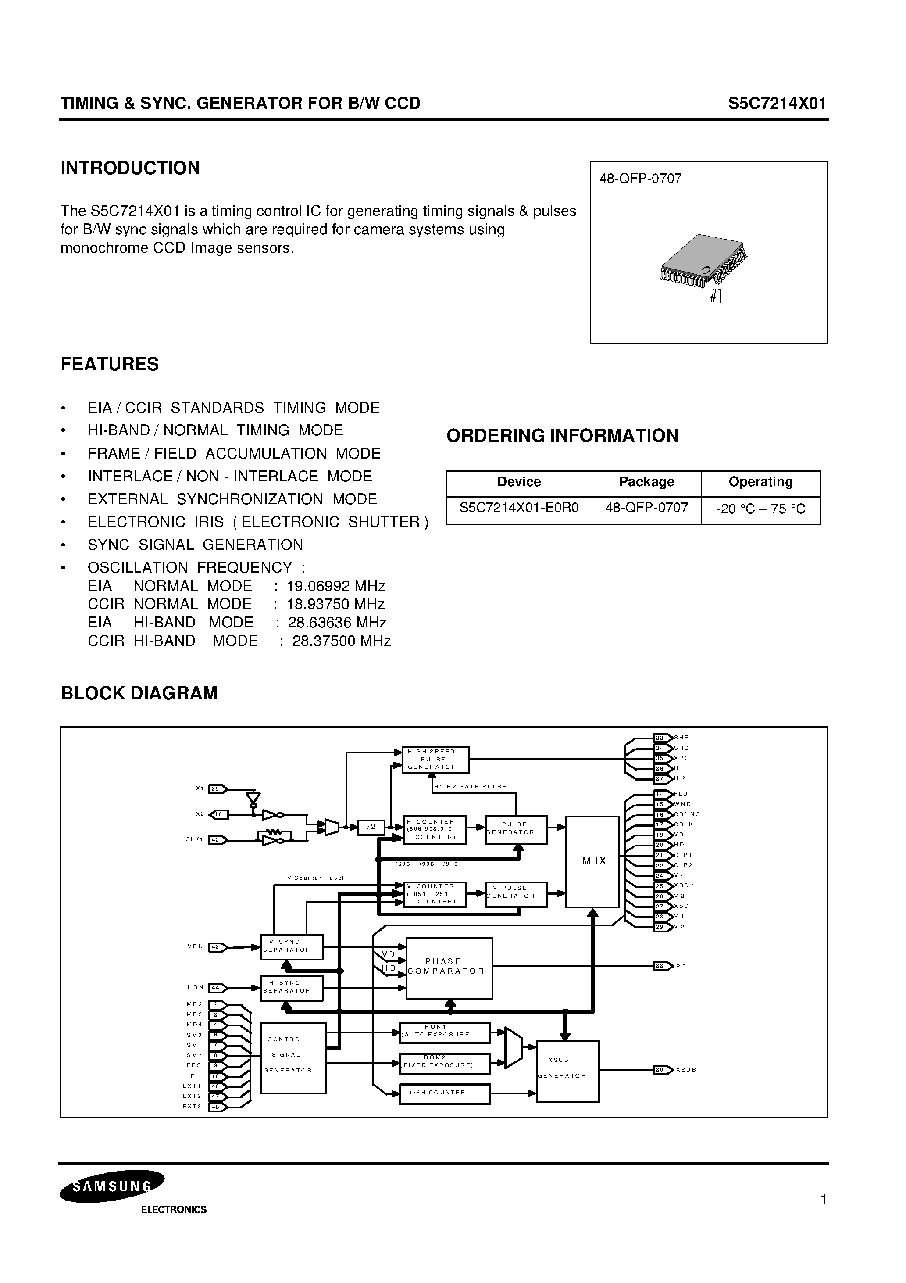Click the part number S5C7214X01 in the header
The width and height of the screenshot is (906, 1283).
pyautogui.click(x=776, y=104)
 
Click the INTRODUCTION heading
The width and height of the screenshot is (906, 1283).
pyautogui.click(x=130, y=168)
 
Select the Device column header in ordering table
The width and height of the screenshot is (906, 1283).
pyautogui.click(x=519, y=482)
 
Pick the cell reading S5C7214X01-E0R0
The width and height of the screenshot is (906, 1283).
pyautogui.click(x=519, y=508)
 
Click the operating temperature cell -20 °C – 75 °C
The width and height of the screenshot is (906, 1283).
pyautogui.click(x=760, y=509)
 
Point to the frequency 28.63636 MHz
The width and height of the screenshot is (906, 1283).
pyautogui.click(x=337, y=623)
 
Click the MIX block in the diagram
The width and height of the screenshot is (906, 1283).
pyautogui.click(x=592, y=861)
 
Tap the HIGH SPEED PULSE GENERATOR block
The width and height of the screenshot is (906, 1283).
pyautogui.click(x=435, y=760)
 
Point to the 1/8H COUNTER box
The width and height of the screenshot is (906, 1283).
pyautogui.click(x=445, y=1094)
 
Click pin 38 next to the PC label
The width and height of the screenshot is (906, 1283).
pyautogui.click(x=661, y=966)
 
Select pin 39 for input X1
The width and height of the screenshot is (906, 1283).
pyautogui.click(x=216, y=789)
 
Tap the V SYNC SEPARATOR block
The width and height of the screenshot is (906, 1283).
pyautogui.click(x=292, y=946)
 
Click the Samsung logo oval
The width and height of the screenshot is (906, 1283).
pyautogui.click(x=112, y=1187)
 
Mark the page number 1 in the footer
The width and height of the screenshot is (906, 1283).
pyautogui.click(x=823, y=1200)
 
